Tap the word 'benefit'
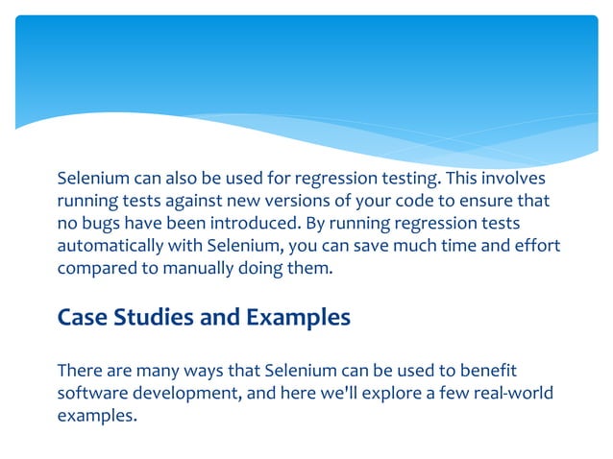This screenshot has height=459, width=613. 490,371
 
